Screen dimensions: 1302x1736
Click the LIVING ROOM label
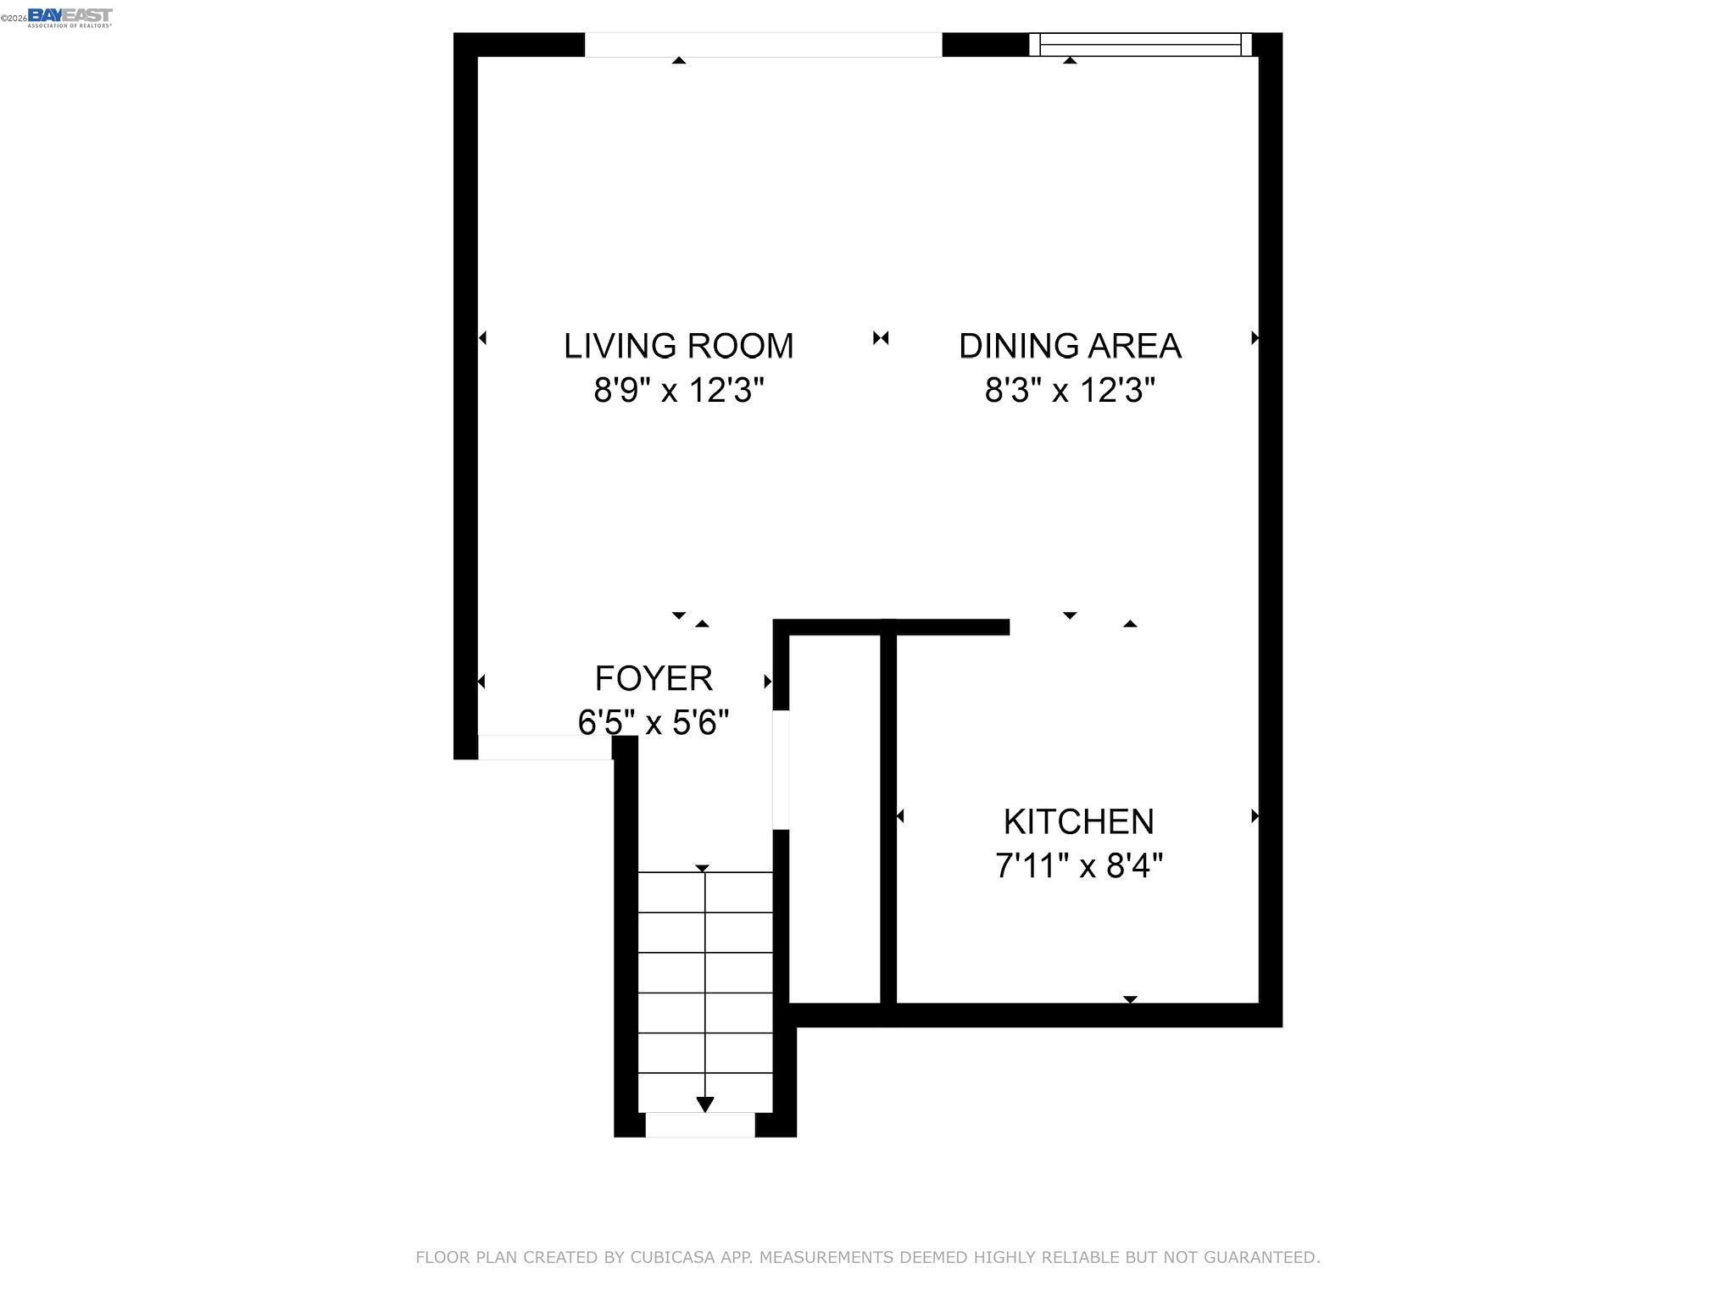pos(678,346)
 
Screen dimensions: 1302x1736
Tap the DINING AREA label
pos(1070,346)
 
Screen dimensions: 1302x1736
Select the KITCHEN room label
pos(1078,821)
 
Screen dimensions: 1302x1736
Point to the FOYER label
pos(654,678)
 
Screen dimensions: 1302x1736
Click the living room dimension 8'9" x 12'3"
pos(679,391)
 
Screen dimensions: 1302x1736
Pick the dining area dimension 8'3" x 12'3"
pos(1070,391)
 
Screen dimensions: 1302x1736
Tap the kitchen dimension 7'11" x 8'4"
pos(1078,866)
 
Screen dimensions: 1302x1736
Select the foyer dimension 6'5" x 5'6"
pos(654,723)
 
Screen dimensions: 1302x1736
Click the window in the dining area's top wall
pos(1139,44)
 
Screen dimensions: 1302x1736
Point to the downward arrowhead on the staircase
pos(704,1104)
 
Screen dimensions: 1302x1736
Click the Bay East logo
pos(70,17)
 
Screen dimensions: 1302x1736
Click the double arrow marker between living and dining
pos(881,338)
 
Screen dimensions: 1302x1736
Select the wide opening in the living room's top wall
pos(763,44)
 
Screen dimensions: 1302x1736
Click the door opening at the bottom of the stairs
pos(700,1125)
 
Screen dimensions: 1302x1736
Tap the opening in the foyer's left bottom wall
pos(544,747)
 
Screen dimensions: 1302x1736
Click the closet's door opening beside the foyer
pos(781,769)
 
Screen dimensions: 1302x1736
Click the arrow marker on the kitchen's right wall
pos(1255,816)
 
